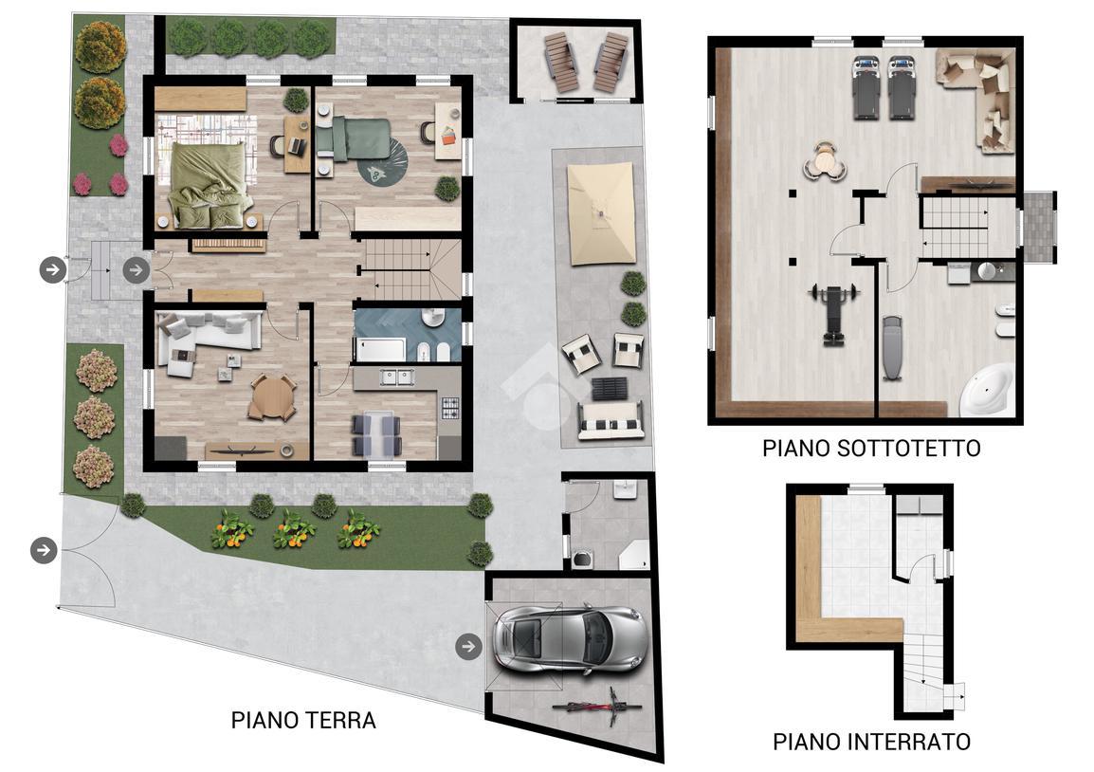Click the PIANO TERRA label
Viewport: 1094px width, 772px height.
(303, 720)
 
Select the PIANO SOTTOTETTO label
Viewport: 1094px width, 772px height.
(870, 448)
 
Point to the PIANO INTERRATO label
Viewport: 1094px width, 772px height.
(870, 741)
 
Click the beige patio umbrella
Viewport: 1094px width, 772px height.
(600, 214)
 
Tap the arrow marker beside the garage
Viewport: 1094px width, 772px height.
(468, 647)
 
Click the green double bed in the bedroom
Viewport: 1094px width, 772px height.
(208, 184)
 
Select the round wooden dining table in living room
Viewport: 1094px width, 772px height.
(271, 395)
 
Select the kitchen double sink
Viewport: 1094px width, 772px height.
(397, 377)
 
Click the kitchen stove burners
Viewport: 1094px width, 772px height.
(448, 409)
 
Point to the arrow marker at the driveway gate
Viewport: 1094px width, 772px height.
(44, 549)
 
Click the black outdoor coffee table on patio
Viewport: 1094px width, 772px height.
(609, 389)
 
